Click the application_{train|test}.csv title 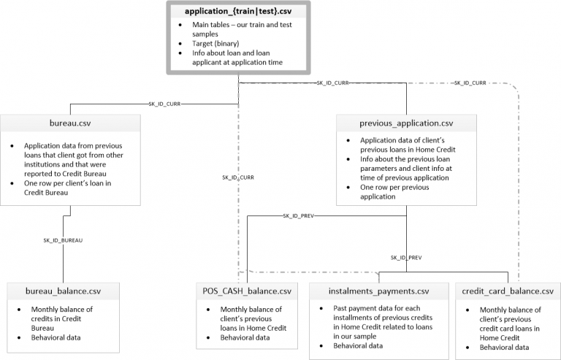tap(238, 11)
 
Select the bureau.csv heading tap(70, 123)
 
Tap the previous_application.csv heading tap(406, 123)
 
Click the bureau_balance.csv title tap(63, 291)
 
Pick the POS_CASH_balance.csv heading tap(247, 291)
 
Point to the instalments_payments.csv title tap(379, 291)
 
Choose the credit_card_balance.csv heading tap(508, 291)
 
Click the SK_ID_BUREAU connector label tap(63, 240)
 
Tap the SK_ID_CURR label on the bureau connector tap(164, 104)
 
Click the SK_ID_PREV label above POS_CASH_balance tap(298, 216)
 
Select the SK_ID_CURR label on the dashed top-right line tap(470, 83)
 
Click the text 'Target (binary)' tap(215, 44)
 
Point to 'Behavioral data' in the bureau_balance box tap(56, 337)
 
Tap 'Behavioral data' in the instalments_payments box tap(358, 345)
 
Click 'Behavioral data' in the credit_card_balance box tap(505, 347)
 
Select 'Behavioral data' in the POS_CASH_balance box tap(245, 337)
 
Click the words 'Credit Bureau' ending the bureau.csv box tap(46, 192)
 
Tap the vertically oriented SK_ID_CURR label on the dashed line tap(238, 177)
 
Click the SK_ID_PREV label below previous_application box tap(406, 257)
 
